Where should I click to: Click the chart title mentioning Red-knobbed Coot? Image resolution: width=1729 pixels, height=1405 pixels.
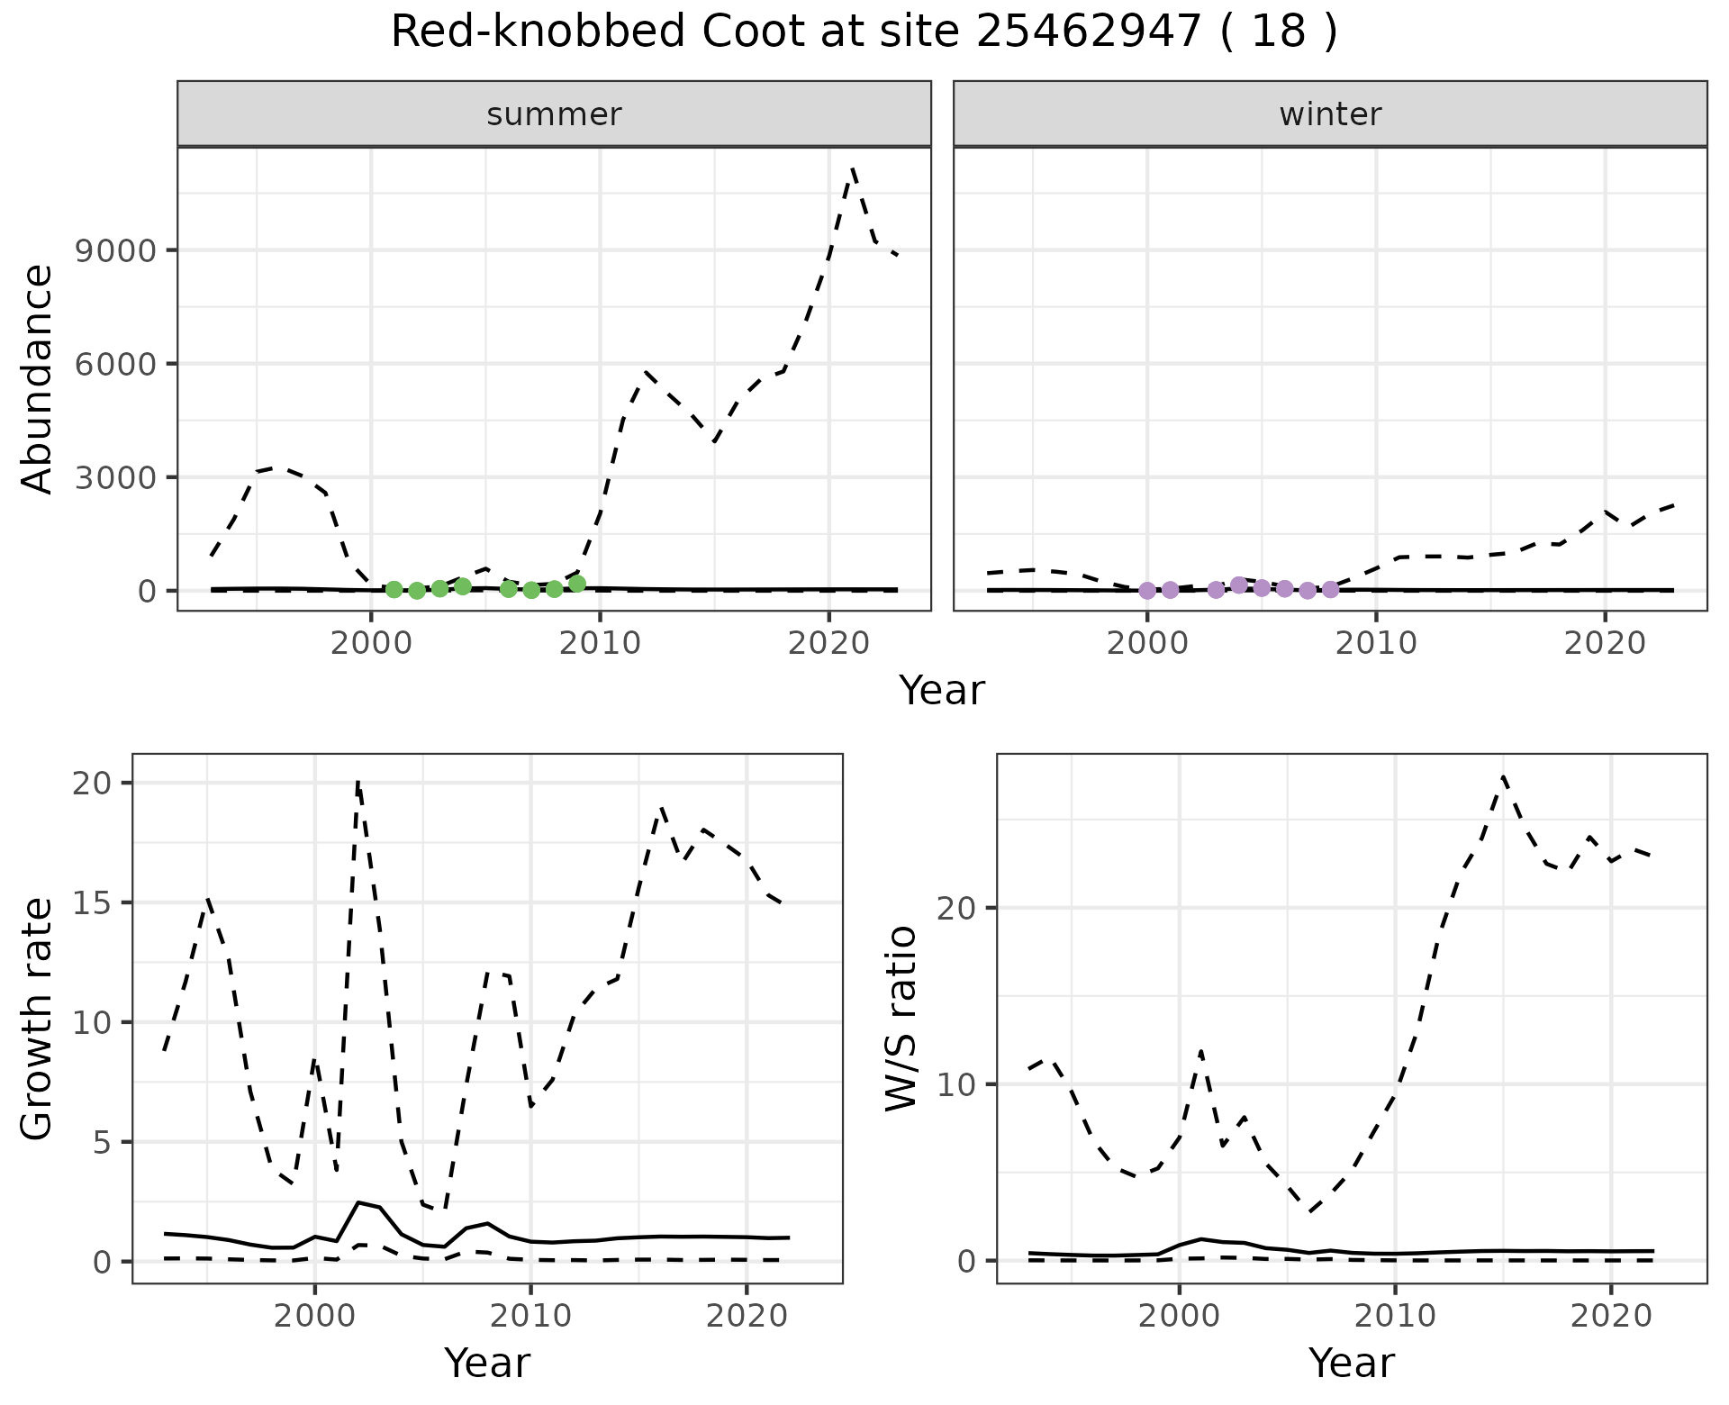(x=864, y=33)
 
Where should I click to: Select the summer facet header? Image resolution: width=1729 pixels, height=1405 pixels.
(x=554, y=114)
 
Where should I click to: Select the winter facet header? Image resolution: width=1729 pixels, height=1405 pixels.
(x=1330, y=114)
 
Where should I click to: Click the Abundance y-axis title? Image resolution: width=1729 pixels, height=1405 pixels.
(x=38, y=378)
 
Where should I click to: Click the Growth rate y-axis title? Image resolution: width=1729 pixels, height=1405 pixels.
(x=38, y=1018)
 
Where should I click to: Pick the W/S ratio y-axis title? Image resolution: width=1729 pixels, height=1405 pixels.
(x=901, y=1018)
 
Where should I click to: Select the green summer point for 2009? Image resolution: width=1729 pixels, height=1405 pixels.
(x=577, y=584)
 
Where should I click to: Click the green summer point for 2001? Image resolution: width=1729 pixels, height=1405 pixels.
(x=394, y=590)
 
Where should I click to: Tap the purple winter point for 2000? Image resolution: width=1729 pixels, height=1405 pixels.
(x=1147, y=591)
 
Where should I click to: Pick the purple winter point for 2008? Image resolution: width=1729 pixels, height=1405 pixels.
(x=1330, y=590)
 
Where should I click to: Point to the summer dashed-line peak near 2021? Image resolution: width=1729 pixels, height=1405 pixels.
(x=852, y=168)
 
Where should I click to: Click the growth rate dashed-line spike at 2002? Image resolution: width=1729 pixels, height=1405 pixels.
(x=358, y=783)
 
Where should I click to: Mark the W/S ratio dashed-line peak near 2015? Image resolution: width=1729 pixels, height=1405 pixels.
(x=1503, y=776)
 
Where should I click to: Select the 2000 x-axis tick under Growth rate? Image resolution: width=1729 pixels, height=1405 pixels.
(x=314, y=1316)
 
